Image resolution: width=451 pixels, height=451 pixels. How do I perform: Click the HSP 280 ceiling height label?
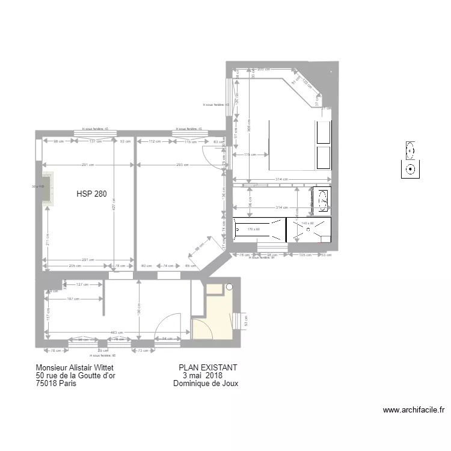[91, 194]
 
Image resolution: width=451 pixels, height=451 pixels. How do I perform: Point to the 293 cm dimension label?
[183, 165]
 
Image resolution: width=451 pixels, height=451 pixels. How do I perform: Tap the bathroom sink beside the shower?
[322, 200]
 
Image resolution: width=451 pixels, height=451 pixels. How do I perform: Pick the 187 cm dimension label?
[74, 298]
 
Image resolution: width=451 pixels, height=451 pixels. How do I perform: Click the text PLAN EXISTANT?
[208, 367]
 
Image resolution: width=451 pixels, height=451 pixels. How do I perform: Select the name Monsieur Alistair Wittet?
[75, 367]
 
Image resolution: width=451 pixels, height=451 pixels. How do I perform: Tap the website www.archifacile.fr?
[413, 410]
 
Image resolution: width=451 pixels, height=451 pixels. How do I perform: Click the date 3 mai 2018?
[198, 376]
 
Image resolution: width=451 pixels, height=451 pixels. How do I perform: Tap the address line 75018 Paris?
[56, 384]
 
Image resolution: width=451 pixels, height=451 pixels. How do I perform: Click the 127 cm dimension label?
[82, 284]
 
